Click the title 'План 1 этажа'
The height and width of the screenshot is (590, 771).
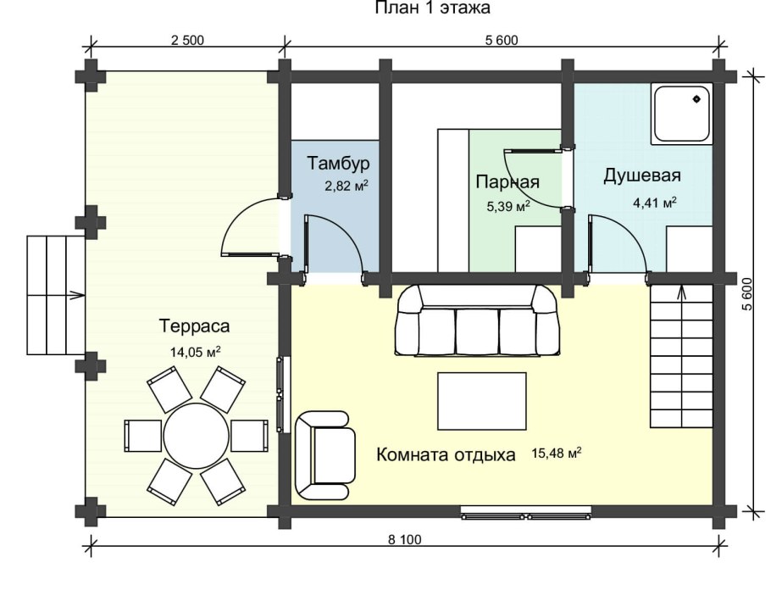[432, 8]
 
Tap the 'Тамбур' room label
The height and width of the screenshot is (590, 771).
[338, 163]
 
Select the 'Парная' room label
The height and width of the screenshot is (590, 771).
[507, 182]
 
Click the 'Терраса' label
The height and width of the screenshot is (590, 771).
[195, 326]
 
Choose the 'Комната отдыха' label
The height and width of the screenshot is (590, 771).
[446, 454]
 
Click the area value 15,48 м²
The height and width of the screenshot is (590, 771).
[557, 454]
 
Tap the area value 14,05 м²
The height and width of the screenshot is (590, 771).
[195, 351]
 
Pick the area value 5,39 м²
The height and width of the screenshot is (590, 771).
[508, 205]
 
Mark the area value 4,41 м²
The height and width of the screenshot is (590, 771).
[655, 203]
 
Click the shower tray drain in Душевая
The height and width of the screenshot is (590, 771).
[697, 100]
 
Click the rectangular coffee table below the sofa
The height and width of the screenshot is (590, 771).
[480, 401]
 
